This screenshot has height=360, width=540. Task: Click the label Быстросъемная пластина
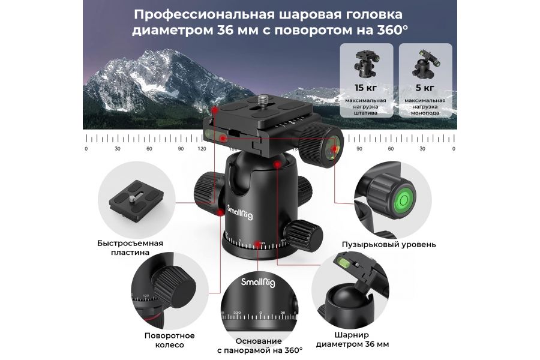[130, 248]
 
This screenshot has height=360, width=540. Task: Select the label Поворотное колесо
[169, 340]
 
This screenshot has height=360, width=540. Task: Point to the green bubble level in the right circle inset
[403, 197]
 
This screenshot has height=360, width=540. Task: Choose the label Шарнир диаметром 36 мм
[361, 340]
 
